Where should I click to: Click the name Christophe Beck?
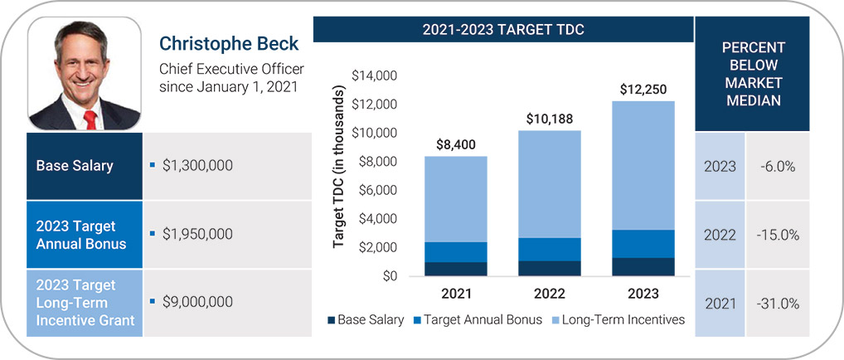(228, 42)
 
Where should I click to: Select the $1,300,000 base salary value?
(197, 166)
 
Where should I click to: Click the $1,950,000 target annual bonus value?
(197, 235)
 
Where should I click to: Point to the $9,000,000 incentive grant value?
(197, 302)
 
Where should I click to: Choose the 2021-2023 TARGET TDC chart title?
(503, 30)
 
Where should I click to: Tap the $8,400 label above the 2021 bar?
(457, 145)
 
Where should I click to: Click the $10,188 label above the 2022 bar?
(550, 119)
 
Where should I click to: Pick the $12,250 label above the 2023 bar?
(643, 90)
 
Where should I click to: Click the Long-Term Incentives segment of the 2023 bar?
(643, 165)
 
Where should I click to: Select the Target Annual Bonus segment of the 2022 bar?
(550, 249)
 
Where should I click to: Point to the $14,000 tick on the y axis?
(376, 75)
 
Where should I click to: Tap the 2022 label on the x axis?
(550, 294)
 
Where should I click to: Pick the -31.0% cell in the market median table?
(778, 304)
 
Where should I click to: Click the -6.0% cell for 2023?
(778, 167)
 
